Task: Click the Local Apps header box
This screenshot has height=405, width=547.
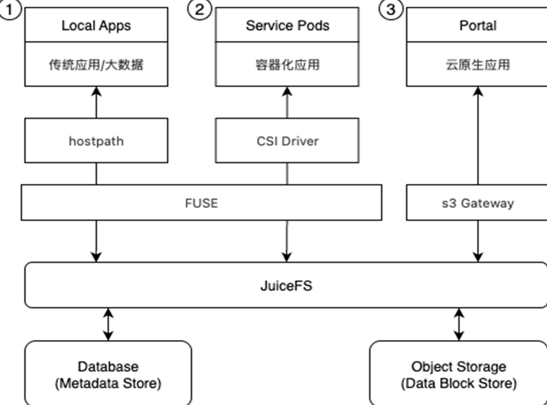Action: pos(96,25)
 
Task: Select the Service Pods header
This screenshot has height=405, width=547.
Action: pos(287,25)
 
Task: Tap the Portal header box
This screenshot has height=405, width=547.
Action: pos(477,25)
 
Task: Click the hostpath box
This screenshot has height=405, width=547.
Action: pos(96,141)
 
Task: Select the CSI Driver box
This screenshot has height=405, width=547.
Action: pos(287,141)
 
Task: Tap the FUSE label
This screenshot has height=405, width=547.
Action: pos(201,203)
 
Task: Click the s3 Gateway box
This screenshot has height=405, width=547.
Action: pos(477,203)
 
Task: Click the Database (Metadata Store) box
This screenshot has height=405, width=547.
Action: pos(108,374)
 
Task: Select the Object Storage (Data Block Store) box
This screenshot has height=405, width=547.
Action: pos(458,374)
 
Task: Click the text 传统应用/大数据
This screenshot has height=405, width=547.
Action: pos(96,65)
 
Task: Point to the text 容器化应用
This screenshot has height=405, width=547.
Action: pos(287,65)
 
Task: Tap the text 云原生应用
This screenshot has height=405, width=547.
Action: pos(477,65)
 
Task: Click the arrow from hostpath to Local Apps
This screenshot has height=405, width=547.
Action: pos(96,102)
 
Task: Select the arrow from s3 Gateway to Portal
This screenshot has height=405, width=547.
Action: pos(477,136)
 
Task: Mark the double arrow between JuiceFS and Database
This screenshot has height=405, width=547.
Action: pos(108,324)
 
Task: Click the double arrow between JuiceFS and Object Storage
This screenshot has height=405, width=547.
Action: pos(458,324)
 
